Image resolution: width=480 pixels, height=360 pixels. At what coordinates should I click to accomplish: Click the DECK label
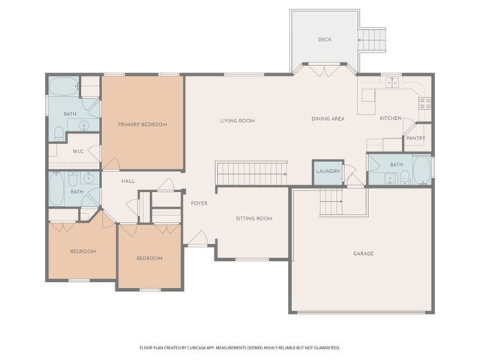[x=324, y=40]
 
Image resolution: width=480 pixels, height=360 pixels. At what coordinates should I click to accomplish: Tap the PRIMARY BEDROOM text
[x=142, y=124]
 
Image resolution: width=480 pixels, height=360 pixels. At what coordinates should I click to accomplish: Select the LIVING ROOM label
[x=237, y=120]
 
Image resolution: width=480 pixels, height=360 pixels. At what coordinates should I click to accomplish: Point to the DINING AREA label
[x=328, y=118]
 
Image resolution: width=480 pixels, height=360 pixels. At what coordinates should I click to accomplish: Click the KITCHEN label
[x=390, y=118]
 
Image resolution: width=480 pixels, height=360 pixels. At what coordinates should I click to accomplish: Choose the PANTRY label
[x=415, y=138]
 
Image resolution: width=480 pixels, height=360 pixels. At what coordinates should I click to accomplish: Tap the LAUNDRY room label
[x=328, y=172]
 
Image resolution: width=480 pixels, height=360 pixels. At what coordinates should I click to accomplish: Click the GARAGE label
[x=363, y=253]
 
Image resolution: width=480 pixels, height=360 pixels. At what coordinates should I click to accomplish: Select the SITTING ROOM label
[x=253, y=218]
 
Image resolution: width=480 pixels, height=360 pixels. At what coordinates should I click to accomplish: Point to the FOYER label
[x=199, y=203]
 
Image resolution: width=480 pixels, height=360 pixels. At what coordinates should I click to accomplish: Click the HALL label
[x=128, y=181]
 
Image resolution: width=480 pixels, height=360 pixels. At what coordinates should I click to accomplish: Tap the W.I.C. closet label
[x=78, y=151]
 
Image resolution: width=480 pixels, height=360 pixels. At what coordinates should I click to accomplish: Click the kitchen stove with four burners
[x=425, y=103]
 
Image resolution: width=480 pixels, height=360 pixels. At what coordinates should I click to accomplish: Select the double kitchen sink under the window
[x=391, y=82]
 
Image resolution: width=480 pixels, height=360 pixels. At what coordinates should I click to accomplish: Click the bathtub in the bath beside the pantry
[x=421, y=170]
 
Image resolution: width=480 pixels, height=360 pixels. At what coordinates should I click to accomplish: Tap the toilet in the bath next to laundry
[x=404, y=177]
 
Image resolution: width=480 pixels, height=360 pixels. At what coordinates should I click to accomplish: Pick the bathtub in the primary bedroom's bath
[x=63, y=87]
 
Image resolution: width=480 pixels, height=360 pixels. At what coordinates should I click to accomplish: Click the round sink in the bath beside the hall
[x=88, y=178]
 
